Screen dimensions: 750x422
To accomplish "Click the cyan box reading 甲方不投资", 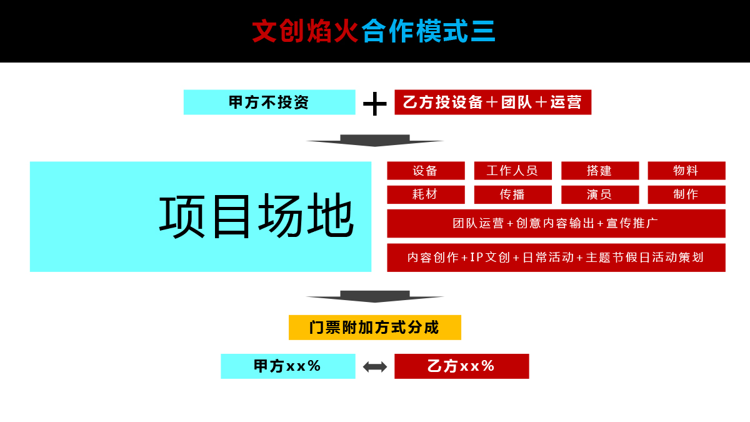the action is coord(269,102).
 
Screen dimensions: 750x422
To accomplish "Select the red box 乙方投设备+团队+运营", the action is coord(493,102).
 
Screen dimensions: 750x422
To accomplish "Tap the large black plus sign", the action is coord(375,104).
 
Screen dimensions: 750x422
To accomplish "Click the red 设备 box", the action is coord(426,171).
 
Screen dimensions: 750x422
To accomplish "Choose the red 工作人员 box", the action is coord(513,171).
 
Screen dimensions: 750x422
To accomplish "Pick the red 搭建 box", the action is coord(600,171).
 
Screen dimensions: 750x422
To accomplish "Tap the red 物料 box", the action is coord(687,171).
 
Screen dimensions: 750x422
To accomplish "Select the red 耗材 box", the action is coord(426,194).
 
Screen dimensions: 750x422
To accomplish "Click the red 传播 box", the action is coord(513,194).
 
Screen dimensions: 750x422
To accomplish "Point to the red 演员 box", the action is coord(600,194).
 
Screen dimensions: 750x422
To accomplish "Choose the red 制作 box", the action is coord(687,194).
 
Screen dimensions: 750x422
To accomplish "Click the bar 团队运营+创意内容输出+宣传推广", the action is coord(556,223).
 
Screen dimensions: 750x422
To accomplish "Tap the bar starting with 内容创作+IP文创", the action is coord(556,258).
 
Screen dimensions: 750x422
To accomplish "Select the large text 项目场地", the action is coord(256,216).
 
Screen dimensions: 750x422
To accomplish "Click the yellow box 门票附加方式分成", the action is coord(375,328).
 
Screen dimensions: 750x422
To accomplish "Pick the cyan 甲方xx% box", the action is coord(288,366).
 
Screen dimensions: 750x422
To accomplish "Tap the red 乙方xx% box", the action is coord(462,366).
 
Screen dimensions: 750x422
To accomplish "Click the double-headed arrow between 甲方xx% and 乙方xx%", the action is coord(375,367).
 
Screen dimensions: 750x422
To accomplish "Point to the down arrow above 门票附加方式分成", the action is coord(375,297).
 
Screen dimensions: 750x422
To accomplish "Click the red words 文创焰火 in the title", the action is coord(305,31).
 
